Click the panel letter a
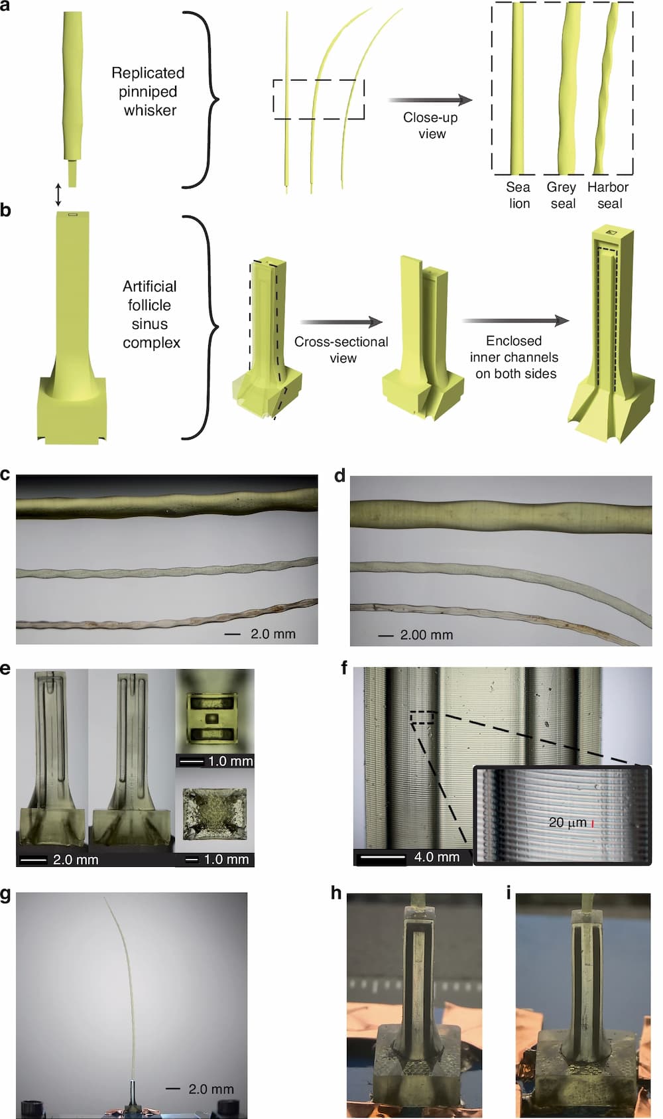[5, 6]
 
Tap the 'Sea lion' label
[518, 195]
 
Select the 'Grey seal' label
[562, 195]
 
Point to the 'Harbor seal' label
[608, 195]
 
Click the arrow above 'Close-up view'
[430, 100]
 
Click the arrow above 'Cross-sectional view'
[341, 322]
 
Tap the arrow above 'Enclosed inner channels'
[516, 321]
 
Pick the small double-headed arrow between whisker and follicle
[58, 195]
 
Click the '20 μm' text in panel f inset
[567, 822]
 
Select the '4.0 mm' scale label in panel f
[437, 857]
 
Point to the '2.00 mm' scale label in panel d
[426, 635]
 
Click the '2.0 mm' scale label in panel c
[273, 634]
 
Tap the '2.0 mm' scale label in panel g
[211, 1089]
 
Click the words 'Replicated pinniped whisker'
[149, 92]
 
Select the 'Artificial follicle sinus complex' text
[151, 314]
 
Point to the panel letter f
[344, 668]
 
